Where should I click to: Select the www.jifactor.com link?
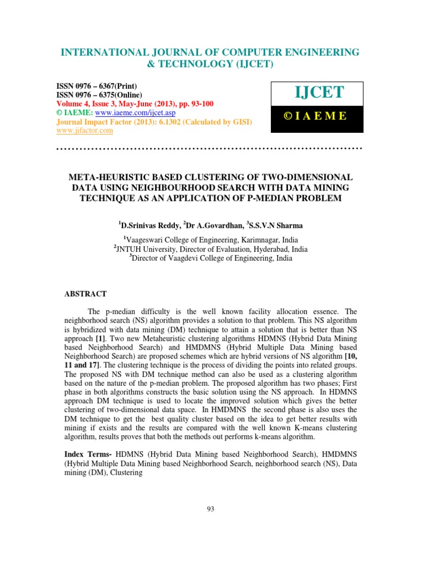point(85,130)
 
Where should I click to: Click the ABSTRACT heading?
point(86,294)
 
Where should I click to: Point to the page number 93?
point(210,509)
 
